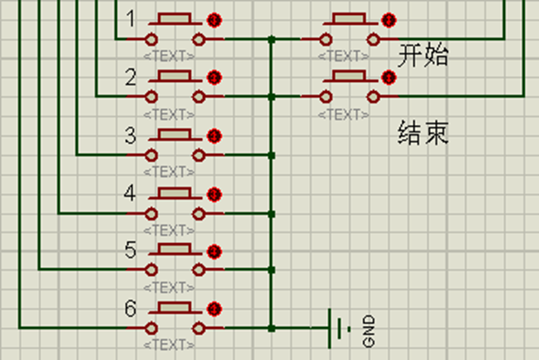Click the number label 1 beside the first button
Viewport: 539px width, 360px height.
131,19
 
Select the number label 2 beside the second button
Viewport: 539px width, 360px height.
131,77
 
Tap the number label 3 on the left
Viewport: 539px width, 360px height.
131,136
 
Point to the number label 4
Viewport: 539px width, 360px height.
131,193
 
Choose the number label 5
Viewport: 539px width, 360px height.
131,250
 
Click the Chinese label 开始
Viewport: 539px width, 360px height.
423,55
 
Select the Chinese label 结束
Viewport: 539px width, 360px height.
423,135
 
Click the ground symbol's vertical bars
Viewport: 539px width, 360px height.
338,328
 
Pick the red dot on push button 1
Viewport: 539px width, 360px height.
214,20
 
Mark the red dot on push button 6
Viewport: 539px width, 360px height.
214,309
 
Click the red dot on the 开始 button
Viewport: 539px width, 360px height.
388,20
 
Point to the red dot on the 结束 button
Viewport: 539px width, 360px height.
388,78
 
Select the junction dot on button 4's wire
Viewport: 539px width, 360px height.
271,213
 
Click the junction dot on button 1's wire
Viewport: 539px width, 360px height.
271,39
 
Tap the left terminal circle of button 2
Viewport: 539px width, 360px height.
152,96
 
